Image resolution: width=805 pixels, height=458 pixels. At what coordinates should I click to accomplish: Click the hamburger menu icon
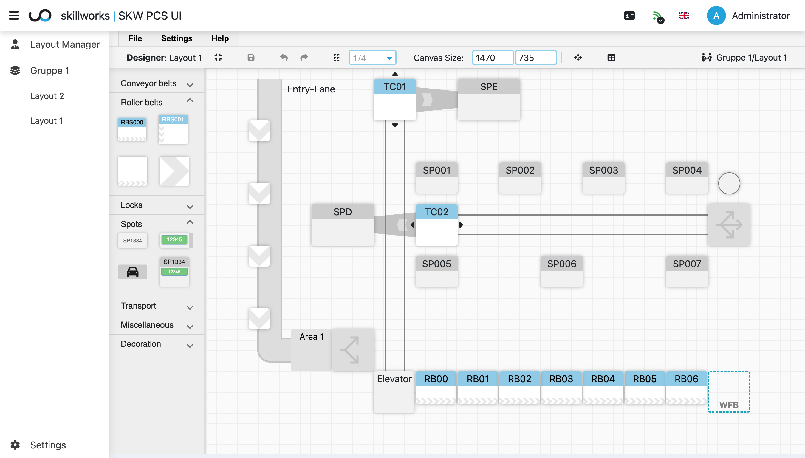[14, 16]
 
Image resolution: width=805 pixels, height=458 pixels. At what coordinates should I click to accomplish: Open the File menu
[135, 38]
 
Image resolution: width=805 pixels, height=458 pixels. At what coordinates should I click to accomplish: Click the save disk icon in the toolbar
[251, 58]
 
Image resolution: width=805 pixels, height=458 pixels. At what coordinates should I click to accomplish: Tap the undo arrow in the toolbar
[284, 58]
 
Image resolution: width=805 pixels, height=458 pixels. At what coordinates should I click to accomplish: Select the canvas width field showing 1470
[493, 58]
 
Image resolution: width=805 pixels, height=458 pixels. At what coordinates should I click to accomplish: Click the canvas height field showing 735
[535, 58]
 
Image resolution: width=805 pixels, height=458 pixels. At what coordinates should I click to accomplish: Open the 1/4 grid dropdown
[372, 58]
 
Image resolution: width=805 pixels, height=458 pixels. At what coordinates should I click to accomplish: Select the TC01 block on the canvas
[395, 99]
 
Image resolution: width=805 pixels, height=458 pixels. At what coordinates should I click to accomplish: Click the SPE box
[489, 99]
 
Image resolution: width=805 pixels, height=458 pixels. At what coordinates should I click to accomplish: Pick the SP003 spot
[603, 177]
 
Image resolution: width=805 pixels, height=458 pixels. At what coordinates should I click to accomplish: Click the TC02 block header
[436, 212]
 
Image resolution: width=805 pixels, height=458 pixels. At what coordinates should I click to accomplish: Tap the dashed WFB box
[729, 392]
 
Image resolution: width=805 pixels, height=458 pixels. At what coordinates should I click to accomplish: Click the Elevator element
[394, 391]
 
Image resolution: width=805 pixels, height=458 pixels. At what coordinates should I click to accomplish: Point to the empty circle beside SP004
[729, 183]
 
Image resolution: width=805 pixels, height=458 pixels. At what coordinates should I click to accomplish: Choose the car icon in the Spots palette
[132, 272]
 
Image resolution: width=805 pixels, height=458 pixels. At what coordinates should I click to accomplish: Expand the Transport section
[156, 306]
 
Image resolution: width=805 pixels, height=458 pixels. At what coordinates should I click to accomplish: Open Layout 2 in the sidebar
[47, 96]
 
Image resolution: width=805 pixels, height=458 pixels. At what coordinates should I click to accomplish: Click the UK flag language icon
[684, 16]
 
